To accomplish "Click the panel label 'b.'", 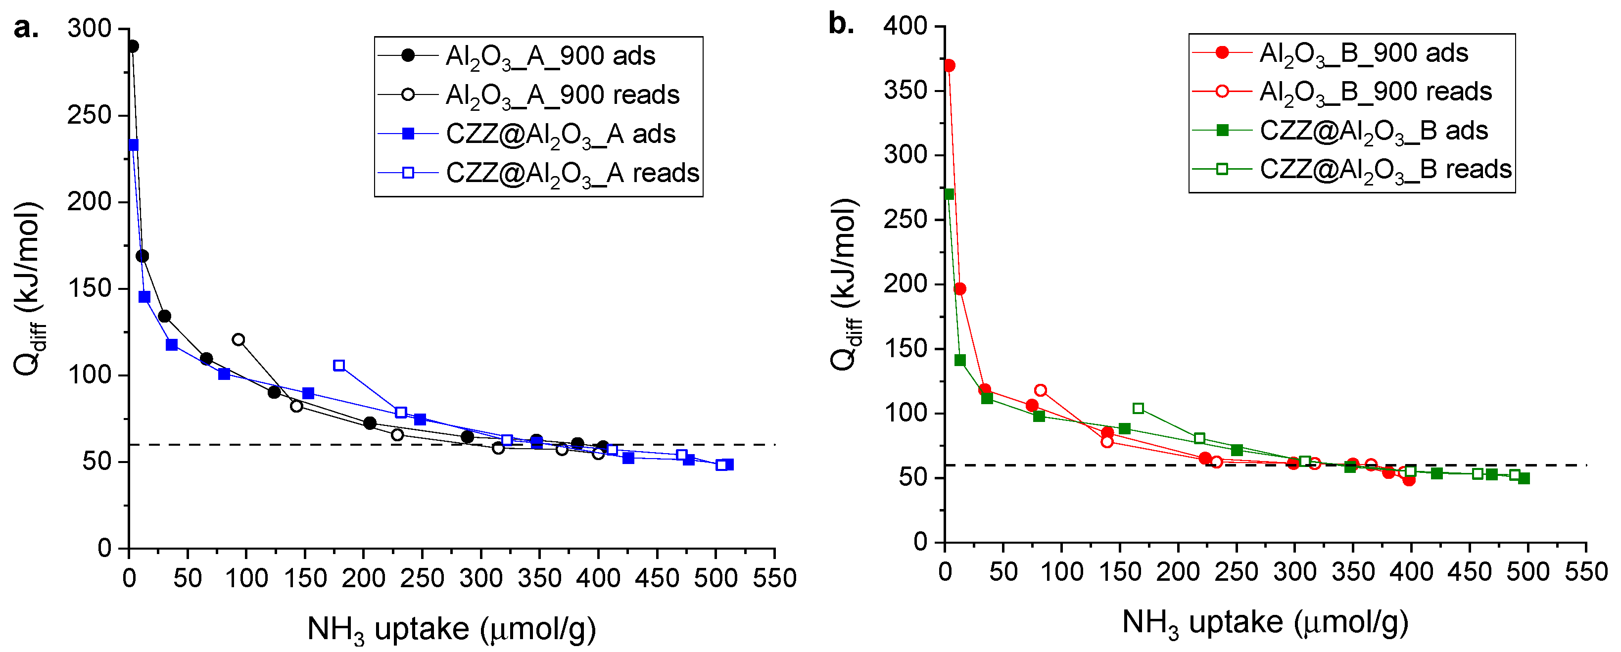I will coord(841,25).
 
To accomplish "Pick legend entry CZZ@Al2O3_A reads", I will coord(572,173).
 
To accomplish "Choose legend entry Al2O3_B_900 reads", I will coord(1375,92).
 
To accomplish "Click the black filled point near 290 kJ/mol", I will coord(133,47).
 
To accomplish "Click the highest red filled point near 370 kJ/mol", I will coord(950,65).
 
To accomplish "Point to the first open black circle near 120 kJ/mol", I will coord(238,340).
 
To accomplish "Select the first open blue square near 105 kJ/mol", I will coord(339,366).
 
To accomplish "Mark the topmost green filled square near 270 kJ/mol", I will coord(949,194).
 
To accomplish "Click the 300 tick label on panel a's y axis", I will coord(90,29).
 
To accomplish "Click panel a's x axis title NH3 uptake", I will coord(451,629).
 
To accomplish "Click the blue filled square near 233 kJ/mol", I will coord(133,145).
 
